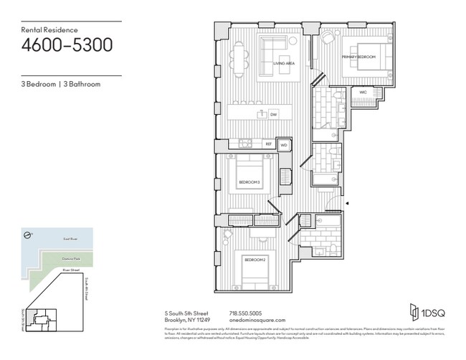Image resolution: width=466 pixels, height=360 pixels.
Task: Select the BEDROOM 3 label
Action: pos(248,184)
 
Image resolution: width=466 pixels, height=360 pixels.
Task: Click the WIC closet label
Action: pos(363,93)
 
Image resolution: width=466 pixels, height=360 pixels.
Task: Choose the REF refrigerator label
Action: pos(268,145)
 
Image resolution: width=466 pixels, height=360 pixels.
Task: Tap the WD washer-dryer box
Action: pos(284,145)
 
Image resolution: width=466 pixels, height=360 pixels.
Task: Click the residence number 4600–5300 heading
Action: pos(66,45)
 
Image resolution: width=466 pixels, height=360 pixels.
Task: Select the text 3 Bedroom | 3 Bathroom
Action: pos(60,84)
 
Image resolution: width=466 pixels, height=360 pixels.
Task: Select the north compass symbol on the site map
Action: pos(27,234)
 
